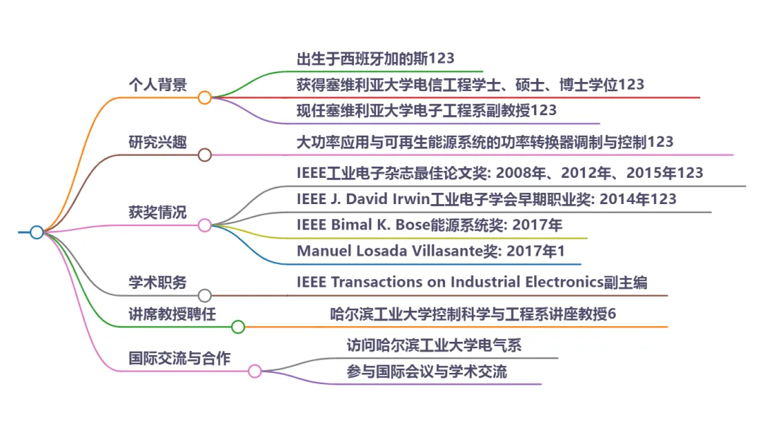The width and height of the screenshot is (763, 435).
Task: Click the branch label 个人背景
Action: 158,85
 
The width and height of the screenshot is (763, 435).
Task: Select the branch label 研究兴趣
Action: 158,142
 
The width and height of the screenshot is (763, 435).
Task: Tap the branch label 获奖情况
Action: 158,212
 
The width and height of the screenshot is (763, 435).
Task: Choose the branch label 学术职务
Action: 158,282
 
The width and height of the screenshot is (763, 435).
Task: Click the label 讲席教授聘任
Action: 172,314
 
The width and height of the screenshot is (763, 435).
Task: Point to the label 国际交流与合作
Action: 179,358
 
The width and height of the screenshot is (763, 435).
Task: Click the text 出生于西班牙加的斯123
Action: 376,59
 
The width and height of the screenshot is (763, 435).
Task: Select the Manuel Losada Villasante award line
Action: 431,251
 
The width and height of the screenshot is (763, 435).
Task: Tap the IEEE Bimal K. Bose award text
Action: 430,225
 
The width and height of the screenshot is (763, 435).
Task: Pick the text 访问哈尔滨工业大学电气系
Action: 434,345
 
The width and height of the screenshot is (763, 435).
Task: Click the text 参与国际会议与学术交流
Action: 427,371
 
